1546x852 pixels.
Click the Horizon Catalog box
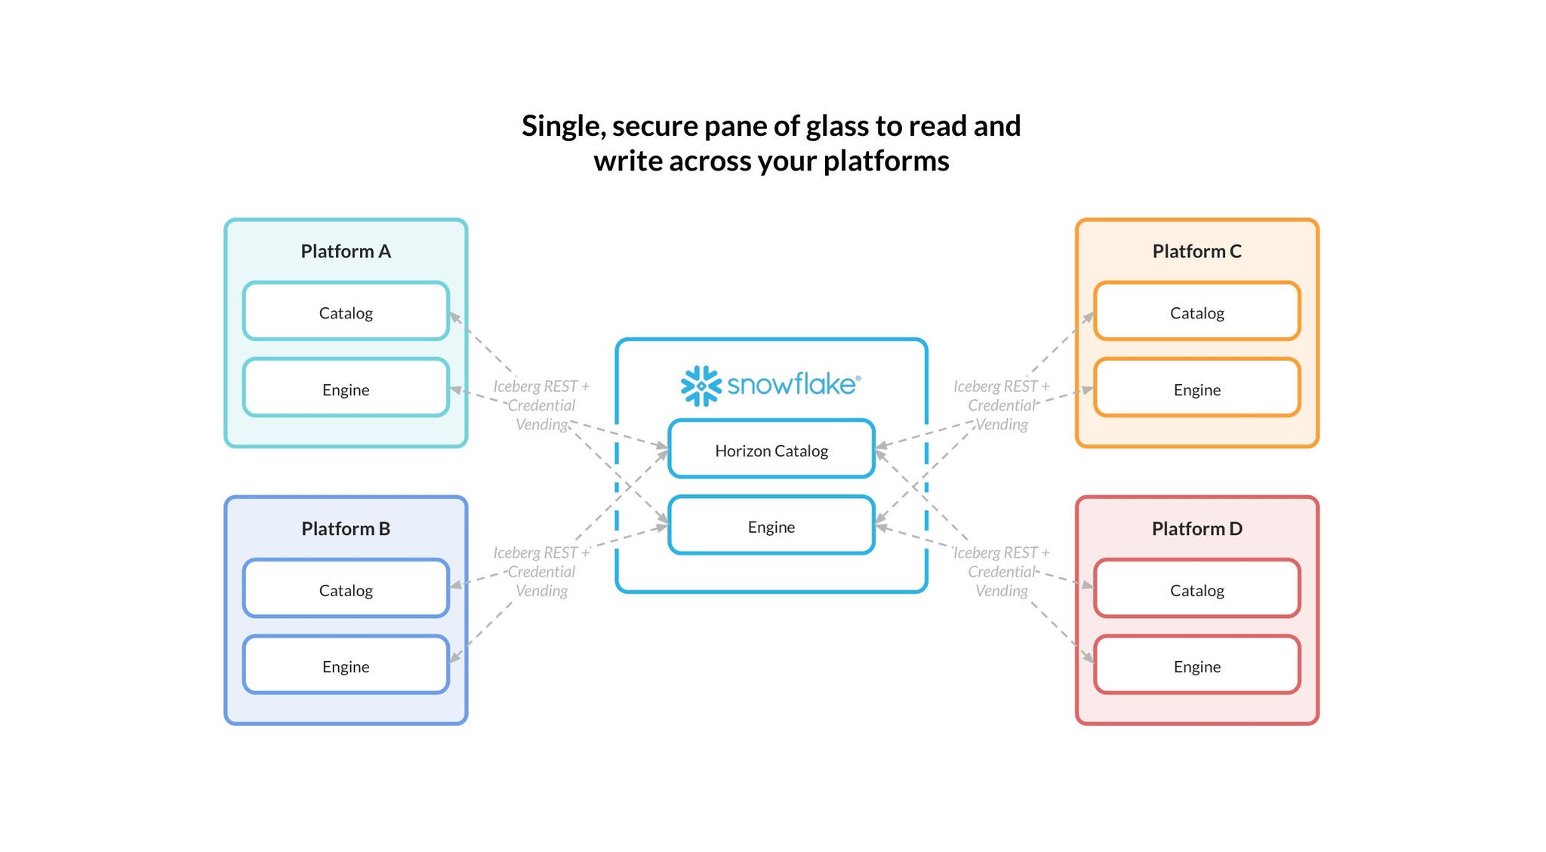[771, 450]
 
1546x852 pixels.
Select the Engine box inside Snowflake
[771, 526]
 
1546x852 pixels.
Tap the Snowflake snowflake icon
[701, 386]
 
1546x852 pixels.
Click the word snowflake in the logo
[791, 384]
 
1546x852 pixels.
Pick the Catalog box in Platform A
[346, 312]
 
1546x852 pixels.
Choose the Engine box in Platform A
[346, 389]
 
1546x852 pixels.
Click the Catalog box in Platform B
[346, 589]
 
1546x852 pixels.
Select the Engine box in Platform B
[346, 666]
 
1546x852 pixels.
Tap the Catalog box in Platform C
[1196, 312]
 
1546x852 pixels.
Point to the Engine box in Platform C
[1196, 389]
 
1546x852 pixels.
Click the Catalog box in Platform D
[1196, 589]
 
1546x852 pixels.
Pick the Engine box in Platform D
[1196, 666]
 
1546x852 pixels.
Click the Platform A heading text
[346, 251]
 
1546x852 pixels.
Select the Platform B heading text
[346, 528]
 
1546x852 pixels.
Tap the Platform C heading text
[1196, 251]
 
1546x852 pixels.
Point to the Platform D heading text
[1196, 528]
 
